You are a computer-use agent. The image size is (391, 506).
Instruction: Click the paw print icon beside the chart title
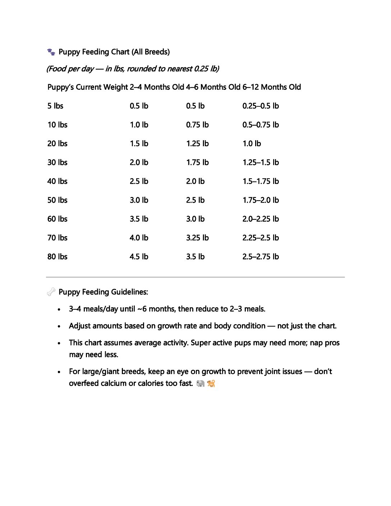point(51,52)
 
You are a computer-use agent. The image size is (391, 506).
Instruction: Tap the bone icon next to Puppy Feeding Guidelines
point(51,292)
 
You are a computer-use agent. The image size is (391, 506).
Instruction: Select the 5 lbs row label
point(55,106)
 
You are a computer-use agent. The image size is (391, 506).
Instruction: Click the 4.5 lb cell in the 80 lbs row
point(139,257)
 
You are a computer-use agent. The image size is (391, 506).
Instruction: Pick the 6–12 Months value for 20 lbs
point(252,144)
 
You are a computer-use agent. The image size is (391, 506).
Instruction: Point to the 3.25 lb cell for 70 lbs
point(197,238)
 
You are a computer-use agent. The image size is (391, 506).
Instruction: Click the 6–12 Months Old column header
point(272,87)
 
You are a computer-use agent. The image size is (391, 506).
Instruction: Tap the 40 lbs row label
point(57,181)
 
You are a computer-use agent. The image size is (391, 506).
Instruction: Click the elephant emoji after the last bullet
point(200,383)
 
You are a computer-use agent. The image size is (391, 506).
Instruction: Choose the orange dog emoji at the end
point(211,383)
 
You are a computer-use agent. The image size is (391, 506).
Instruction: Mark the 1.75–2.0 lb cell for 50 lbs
point(261,200)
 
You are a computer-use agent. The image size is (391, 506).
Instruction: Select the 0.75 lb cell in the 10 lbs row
point(197,125)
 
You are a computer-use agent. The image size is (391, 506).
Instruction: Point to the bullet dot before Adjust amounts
point(59,326)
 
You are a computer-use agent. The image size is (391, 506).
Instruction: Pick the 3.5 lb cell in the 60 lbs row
point(139,219)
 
